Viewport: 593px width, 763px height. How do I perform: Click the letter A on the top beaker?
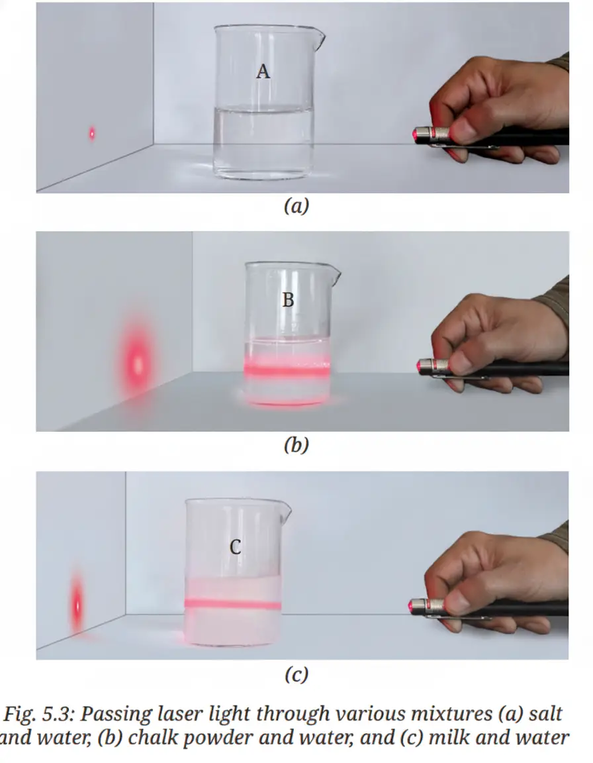(263, 72)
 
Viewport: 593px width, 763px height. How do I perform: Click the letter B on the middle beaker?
(288, 300)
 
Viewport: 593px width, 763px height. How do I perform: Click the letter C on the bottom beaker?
(235, 548)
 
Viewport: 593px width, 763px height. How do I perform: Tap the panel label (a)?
(296, 207)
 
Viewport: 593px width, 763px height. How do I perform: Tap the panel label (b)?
(296, 445)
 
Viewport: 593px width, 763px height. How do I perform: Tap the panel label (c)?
(296, 674)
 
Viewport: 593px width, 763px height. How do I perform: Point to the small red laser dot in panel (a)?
(91, 133)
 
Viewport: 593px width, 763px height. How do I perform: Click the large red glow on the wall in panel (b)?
(138, 364)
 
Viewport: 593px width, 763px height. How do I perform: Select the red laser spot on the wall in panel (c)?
(76, 606)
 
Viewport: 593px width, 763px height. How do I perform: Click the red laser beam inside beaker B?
(287, 369)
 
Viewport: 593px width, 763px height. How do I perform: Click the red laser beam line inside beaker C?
(233, 604)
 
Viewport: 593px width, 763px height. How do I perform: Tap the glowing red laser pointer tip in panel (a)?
(416, 135)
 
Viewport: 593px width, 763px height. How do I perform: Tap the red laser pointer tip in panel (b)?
(421, 366)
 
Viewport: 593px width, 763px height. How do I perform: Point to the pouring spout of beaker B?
(335, 275)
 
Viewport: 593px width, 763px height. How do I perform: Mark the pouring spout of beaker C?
(286, 511)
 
